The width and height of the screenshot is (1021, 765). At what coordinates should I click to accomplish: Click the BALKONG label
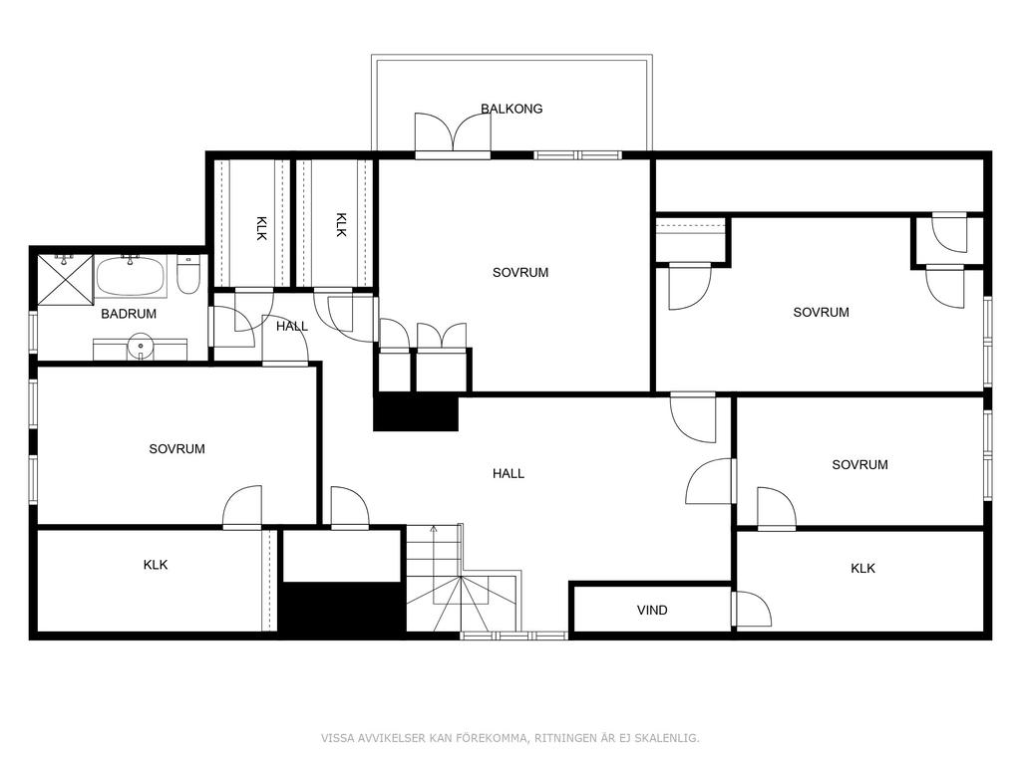coord(511,109)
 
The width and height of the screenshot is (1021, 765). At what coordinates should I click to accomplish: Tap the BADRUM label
coord(129,314)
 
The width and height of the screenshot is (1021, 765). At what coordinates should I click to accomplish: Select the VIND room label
coord(652,611)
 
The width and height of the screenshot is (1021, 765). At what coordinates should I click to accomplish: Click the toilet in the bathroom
coord(187,277)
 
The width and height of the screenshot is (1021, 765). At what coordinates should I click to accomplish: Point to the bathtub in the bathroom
coord(131,276)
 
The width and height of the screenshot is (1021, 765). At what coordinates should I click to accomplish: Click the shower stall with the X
coord(65,279)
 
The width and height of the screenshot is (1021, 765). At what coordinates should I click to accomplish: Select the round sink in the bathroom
coord(140,345)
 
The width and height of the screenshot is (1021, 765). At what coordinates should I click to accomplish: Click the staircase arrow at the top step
coord(433,529)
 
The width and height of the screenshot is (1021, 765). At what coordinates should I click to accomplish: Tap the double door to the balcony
coord(453,133)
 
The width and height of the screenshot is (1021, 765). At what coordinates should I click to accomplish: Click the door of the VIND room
coord(752,610)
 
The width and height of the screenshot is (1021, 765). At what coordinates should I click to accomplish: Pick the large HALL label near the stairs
coord(508,473)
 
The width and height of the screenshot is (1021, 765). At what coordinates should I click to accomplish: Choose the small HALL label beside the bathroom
coord(292,326)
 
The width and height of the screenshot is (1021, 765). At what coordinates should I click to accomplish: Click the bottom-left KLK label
coord(156,565)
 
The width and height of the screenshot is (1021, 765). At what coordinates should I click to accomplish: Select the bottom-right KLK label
coord(862,569)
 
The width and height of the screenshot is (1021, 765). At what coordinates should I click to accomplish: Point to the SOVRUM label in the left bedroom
coord(176,449)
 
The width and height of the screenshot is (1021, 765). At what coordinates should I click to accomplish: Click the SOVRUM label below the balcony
coord(520,273)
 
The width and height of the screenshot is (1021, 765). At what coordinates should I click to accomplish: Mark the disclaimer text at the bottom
coord(510,738)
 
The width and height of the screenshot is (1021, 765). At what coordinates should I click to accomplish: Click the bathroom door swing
coord(233,326)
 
